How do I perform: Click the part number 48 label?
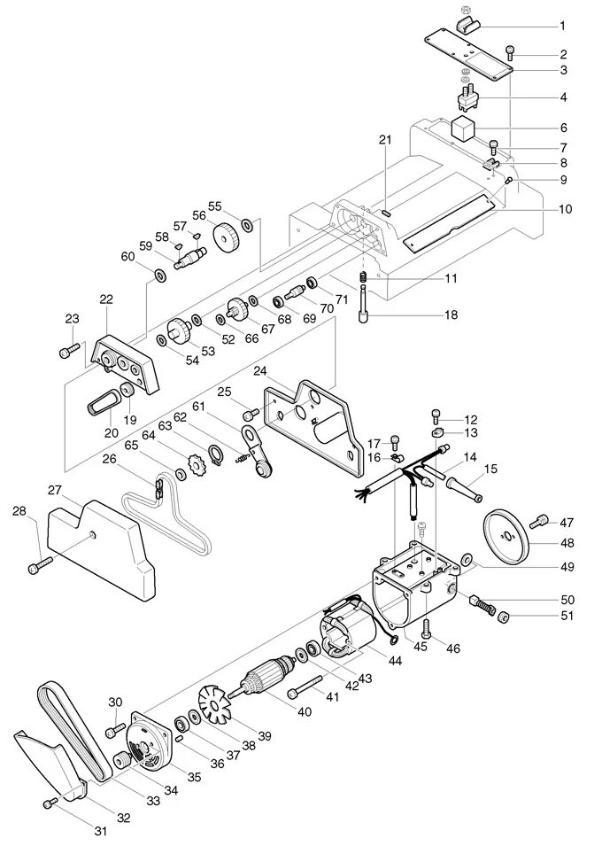(x=567, y=542)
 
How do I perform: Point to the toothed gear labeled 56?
(x=228, y=236)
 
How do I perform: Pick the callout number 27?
(x=54, y=490)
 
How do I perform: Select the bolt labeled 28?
(x=39, y=563)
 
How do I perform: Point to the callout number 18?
(x=451, y=314)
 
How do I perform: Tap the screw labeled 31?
(x=50, y=803)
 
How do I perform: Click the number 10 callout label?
(x=566, y=209)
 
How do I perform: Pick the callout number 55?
(x=214, y=206)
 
